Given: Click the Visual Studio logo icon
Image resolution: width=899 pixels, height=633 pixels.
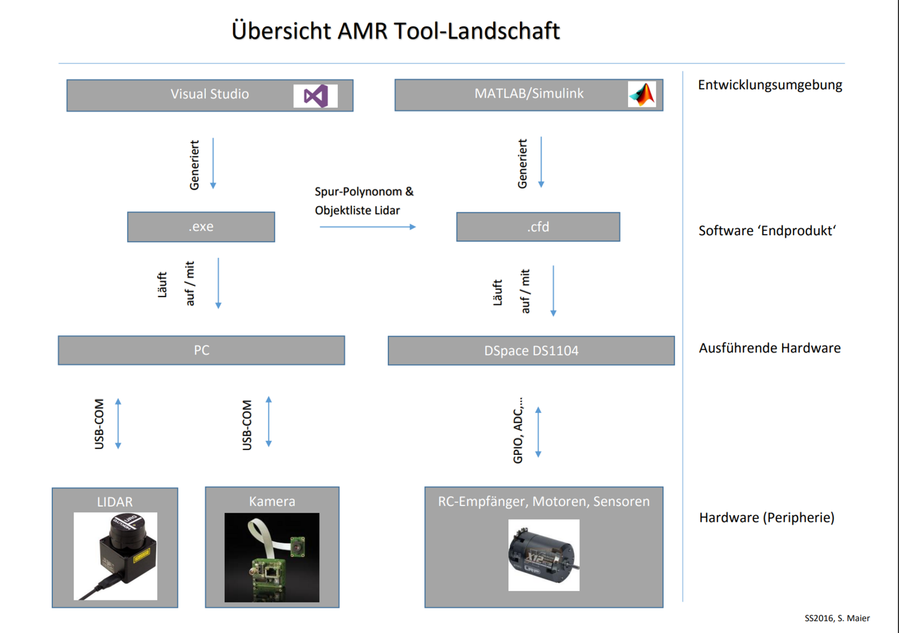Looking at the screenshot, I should click(315, 96).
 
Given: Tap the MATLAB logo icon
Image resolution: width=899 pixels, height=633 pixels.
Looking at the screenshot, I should click(642, 94).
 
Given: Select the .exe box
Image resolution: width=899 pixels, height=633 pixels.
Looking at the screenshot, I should click(201, 227).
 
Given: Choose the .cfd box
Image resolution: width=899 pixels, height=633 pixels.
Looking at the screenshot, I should click(538, 227).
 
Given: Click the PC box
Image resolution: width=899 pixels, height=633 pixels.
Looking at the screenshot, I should click(201, 350).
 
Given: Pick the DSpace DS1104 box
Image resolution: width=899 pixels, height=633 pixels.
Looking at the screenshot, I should click(531, 351).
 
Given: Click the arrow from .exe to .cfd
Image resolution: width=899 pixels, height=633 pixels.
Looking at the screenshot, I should click(367, 227).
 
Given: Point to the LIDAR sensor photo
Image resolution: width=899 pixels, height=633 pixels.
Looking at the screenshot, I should click(115, 556).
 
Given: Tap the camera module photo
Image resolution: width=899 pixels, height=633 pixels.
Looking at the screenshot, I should click(272, 557).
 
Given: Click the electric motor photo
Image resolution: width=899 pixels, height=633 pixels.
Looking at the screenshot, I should click(543, 555).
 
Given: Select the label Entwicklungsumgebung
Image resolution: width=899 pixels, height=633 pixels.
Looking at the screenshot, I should click(770, 85).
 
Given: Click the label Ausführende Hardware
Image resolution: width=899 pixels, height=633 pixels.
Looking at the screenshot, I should click(769, 348).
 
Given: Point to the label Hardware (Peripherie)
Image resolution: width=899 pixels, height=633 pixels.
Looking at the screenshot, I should click(766, 517).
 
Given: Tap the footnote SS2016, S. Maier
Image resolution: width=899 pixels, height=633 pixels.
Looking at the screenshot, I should click(837, 618).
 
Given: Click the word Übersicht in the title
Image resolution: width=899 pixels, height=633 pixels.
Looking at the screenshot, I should click(281, 31).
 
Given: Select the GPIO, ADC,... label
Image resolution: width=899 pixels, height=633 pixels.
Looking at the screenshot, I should click(518, 430).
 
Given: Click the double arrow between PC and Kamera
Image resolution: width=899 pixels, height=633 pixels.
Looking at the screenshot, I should click(269, 422).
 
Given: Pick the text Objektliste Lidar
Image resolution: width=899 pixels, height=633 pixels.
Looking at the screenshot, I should click(357, 211).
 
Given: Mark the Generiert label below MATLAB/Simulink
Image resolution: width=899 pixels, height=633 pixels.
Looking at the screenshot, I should click(523, 163).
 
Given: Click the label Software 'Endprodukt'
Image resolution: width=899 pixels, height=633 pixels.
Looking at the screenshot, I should click(767, 231).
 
